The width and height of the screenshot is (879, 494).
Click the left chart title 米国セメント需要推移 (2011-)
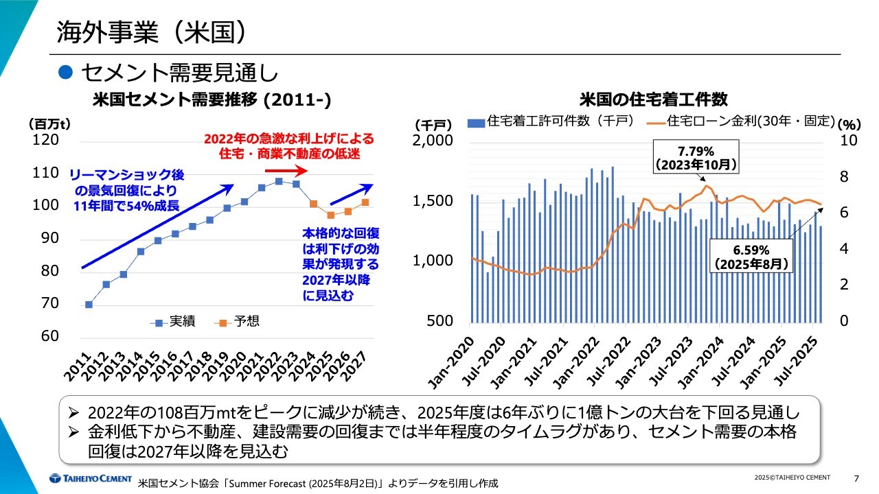coord(212,100)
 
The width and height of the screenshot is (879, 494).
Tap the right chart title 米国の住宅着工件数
coord(653,100)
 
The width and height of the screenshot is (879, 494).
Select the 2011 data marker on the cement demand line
coord(89,305)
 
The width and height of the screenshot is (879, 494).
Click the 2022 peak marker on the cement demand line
coord(279,181)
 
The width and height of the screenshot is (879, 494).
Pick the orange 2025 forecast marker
coord(330,215)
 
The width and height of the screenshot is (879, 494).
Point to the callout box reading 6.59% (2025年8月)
coord(751,256)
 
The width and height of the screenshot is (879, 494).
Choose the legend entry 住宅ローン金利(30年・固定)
coord(742,121)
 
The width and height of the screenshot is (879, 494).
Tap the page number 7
coord(856,478)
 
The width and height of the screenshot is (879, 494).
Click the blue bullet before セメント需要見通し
coord(65,71)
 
